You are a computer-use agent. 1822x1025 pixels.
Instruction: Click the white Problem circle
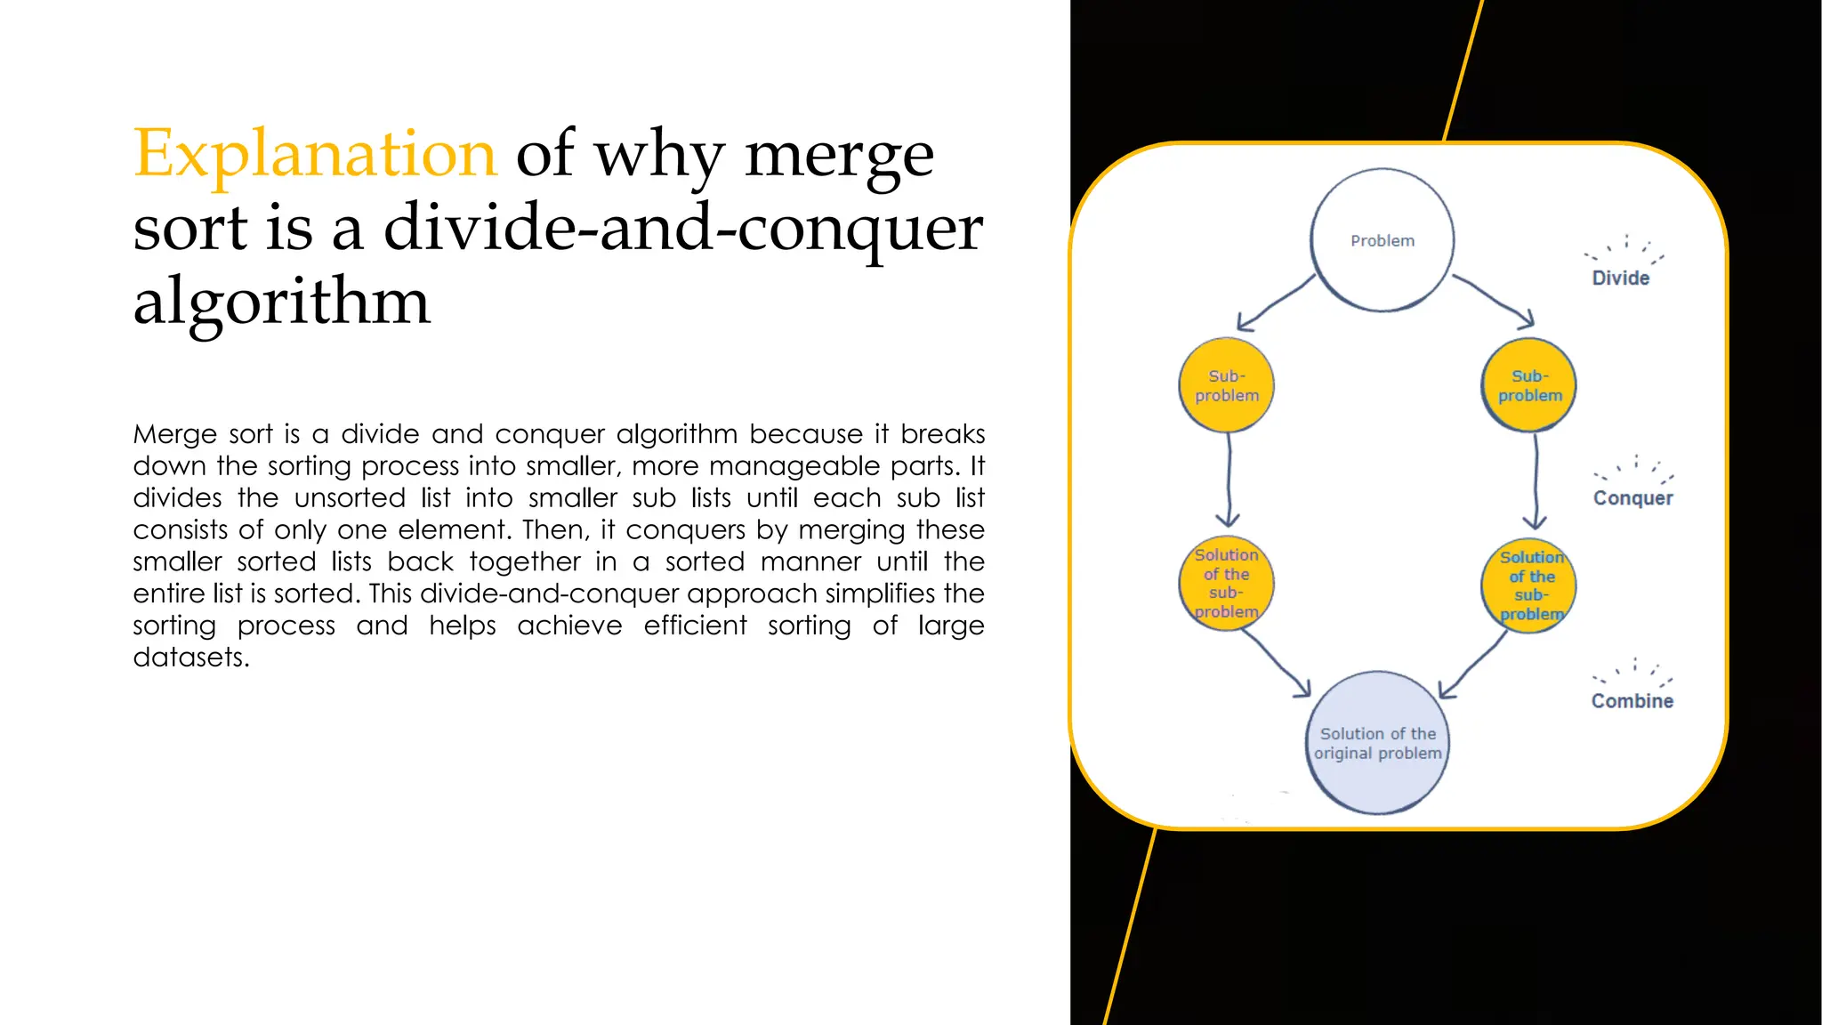point(1382,240)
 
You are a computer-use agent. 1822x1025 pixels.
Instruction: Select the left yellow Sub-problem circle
point(1226,385)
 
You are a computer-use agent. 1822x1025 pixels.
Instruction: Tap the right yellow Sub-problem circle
point(1529,385)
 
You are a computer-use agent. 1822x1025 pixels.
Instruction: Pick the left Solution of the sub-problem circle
point(1226,584)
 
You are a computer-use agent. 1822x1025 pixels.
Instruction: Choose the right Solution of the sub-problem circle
point(1529,585)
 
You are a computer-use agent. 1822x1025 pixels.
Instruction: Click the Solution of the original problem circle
point(1377,743)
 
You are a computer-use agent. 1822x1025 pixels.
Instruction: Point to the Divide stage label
point(1620,278)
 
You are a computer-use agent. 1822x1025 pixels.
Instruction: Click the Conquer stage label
point(1633,497)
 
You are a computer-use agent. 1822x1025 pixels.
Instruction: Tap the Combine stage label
point(1632,701)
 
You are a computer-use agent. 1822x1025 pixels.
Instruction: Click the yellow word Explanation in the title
point(314,153)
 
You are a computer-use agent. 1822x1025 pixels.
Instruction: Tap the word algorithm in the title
point(281,301)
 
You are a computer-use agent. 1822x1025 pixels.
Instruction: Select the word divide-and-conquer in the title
point(682,228)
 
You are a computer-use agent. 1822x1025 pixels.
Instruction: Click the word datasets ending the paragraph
point(190,658)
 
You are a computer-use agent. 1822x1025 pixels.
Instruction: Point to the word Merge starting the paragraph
point(174,434)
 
